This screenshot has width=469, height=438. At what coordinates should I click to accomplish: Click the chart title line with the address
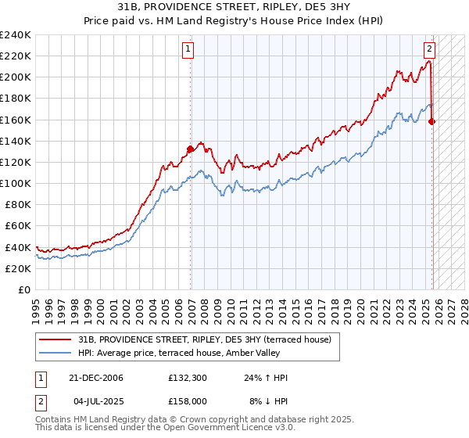234,7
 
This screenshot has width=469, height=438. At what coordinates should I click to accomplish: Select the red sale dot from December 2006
190,149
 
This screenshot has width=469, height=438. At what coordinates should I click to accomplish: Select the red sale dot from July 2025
432,121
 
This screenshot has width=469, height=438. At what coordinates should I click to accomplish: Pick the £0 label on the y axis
23,289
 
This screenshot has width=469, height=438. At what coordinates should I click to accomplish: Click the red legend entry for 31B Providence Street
205,339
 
